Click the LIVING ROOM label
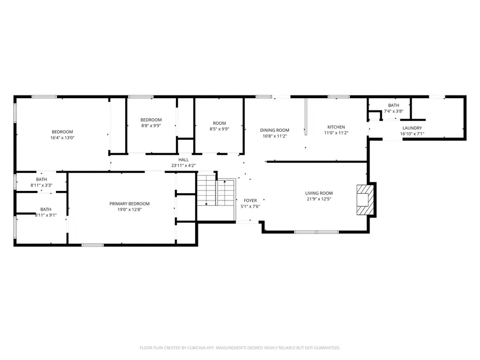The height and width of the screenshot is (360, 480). (x=319, y=193)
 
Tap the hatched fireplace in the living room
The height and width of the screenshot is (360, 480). (x=365, y=199)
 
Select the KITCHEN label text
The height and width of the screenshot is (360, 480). (x=336, y=127)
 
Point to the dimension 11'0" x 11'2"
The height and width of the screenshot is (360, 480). (x=336, y=133)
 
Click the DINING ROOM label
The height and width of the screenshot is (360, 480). (x=275, y=130)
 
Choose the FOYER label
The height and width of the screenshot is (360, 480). (x=250, y=201)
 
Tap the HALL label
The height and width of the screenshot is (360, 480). (x=183, y=160)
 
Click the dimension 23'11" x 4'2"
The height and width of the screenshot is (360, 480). (x=183, y=166)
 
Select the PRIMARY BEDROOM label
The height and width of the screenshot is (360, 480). (x=130, y=204)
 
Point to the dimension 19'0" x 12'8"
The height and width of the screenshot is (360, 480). (x=130, y=210)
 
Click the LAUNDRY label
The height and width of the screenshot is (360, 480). (x=412, y=128)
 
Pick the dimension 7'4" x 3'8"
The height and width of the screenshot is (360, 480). (x=394, y=111)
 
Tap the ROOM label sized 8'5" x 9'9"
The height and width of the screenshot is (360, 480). (x=219, y=123)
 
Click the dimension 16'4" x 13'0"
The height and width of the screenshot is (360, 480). (x=62, y=138)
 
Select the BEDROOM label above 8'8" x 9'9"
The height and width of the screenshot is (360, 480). (x=151, y=120)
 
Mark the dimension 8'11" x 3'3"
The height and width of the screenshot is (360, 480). (x=41, y=185)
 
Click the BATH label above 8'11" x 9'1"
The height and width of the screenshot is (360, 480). (x=46, y=210)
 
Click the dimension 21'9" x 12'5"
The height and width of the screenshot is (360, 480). (x=319, y=199)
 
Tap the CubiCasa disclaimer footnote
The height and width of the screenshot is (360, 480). (x=239, y=348)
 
